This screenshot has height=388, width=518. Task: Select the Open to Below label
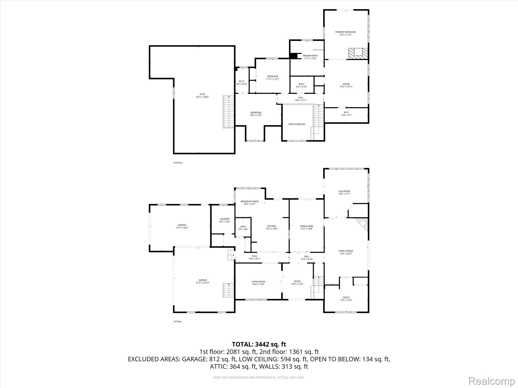tap(297, 124)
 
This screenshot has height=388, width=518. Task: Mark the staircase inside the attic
tap(228, 112)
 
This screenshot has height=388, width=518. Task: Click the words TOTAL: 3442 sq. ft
tap(259, 344)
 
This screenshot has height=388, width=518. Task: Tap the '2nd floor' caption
tap(178, 163)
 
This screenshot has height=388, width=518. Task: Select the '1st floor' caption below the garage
tap(177, 322)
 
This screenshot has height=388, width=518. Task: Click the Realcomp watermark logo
tap(492, 381)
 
